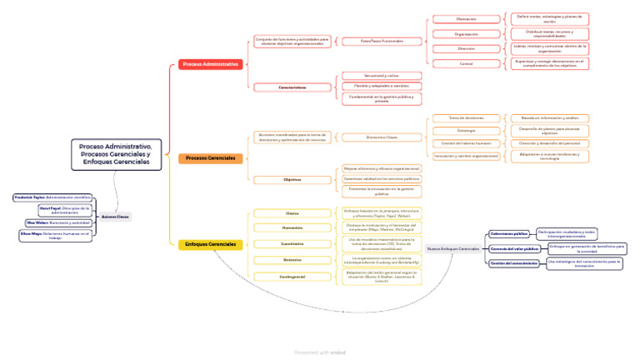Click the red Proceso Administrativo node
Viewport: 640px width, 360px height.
(210, 64)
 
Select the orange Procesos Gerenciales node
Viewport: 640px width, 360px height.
(210, 158)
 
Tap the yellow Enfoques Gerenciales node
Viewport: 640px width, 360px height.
(210, 244)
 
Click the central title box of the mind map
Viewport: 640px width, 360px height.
(116, 154)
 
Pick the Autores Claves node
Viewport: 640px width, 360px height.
(115, 217)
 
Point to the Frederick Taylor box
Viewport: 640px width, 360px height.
(52, 197)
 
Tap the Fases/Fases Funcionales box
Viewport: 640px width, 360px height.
(381, 41)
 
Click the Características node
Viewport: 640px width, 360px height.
(292, 87)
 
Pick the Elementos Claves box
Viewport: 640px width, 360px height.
(381, 137)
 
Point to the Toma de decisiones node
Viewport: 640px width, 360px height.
(466, 118)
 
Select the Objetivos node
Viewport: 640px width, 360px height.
(292, 179)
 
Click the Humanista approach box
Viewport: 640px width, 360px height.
(292, 227)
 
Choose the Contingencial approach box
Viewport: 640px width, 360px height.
(292, 276)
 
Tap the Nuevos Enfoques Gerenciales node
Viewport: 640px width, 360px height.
(452, 248)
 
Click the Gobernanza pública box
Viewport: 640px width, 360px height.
(508, 234)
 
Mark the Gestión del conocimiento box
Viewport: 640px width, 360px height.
(513, 263)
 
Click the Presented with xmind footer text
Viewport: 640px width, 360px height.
(320, 352)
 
